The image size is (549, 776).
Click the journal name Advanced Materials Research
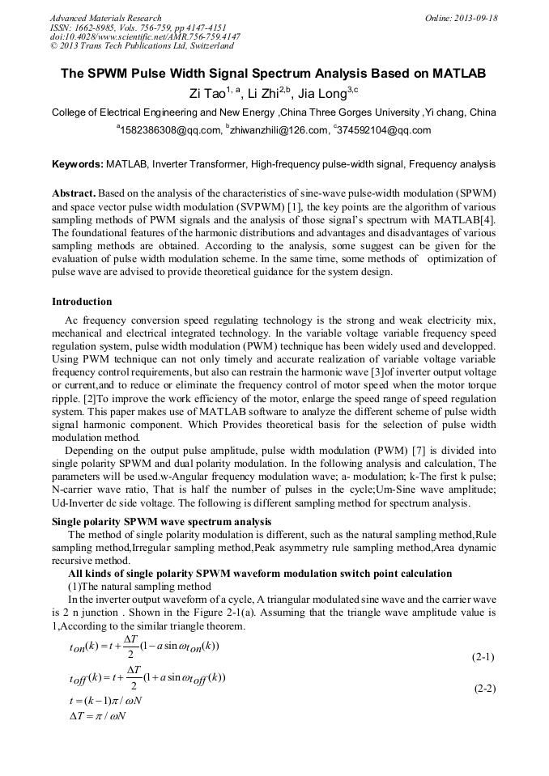105,18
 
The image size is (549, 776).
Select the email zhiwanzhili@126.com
276,130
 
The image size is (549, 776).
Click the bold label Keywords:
77,164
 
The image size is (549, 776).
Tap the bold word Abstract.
74,195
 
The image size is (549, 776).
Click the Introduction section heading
82,302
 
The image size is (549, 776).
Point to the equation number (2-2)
483,689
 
